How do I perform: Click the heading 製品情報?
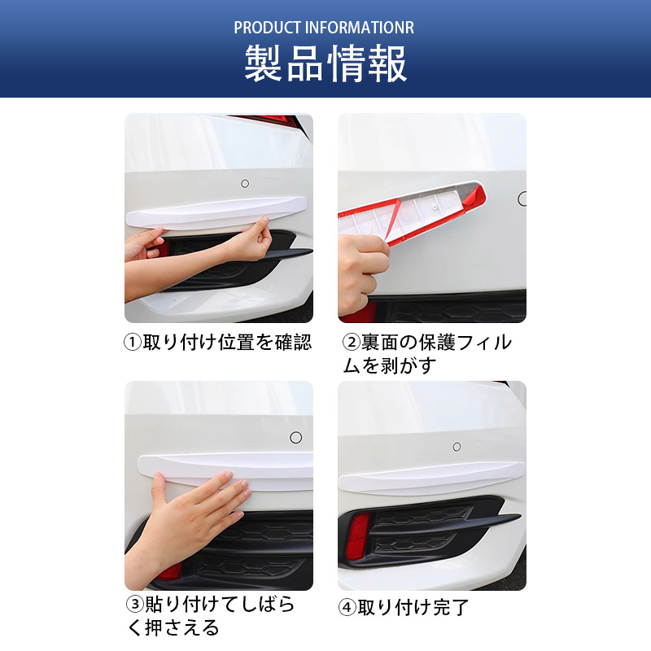(325, 63)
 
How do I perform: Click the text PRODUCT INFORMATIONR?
(324, 28)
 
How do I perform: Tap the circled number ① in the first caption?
(133, 343)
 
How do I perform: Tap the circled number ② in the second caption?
(352, 343)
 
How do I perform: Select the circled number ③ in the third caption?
(135, 604)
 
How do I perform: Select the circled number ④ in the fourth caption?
(347, 607)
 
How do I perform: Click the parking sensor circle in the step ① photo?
(245, 183)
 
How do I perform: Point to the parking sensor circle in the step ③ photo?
(296, 437)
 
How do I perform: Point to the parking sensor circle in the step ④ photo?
(457, 447)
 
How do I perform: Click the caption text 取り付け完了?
(413, 607)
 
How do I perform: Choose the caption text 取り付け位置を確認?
(227, 343)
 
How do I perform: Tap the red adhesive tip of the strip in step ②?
(474, 197)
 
